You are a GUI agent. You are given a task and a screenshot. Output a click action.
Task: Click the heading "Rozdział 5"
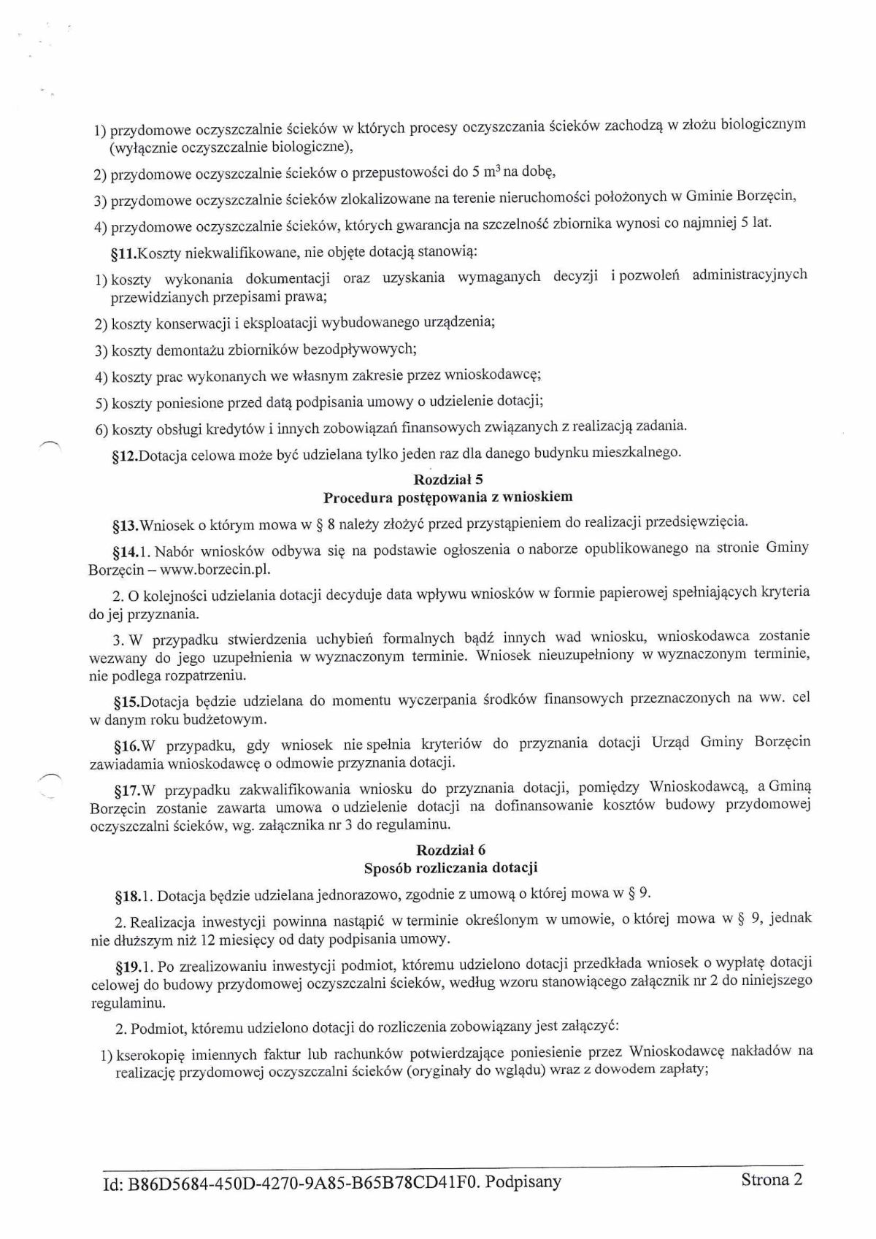[x=447, y=480]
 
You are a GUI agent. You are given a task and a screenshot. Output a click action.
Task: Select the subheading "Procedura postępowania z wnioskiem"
[x=447, y=497]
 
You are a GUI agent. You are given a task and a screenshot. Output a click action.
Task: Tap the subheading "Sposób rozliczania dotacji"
[x=450, y=867]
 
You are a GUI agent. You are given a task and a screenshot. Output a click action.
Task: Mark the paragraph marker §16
[x=123, y=746]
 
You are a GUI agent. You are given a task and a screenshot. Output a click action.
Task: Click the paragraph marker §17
[x=123, y=791]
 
